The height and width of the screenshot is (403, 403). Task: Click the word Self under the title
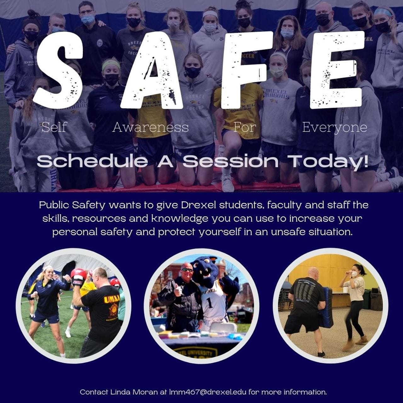point(54,127)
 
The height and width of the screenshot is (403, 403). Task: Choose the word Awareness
point(150,127)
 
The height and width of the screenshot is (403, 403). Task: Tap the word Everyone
point(334,127)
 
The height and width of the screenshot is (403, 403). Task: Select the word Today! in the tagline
point(329,162)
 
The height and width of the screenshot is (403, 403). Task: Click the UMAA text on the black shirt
point(112,298)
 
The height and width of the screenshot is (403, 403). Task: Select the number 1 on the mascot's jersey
point(210,303)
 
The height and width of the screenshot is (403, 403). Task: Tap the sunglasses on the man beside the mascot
point(187,270)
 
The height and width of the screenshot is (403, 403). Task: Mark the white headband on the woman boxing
point(47,268)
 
